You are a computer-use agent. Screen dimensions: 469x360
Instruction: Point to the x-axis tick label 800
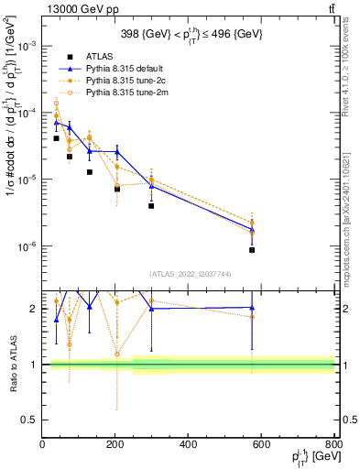click(333, 445)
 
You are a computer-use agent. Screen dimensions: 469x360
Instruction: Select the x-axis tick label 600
click(261, 445)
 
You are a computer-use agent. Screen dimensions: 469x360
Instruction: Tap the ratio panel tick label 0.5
click(29, 420)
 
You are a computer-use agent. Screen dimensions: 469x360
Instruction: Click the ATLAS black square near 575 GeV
click(252, 250)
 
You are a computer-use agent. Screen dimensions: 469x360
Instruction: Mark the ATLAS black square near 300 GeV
click(151, 206)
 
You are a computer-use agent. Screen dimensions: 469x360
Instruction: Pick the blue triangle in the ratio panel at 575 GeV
click(252, 308)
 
